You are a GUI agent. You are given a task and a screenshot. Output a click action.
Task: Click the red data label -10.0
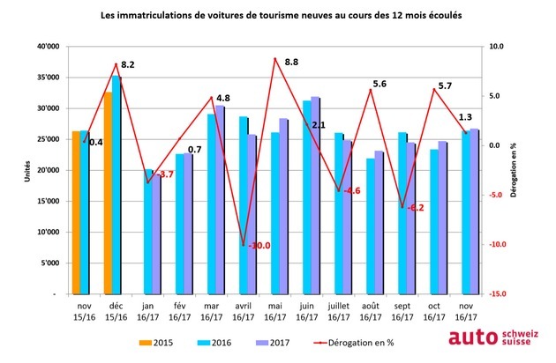point(259,246)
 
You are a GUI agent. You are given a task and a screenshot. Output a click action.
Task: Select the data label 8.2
point(127,64)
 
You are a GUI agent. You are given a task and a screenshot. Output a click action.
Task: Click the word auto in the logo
point(474,337)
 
